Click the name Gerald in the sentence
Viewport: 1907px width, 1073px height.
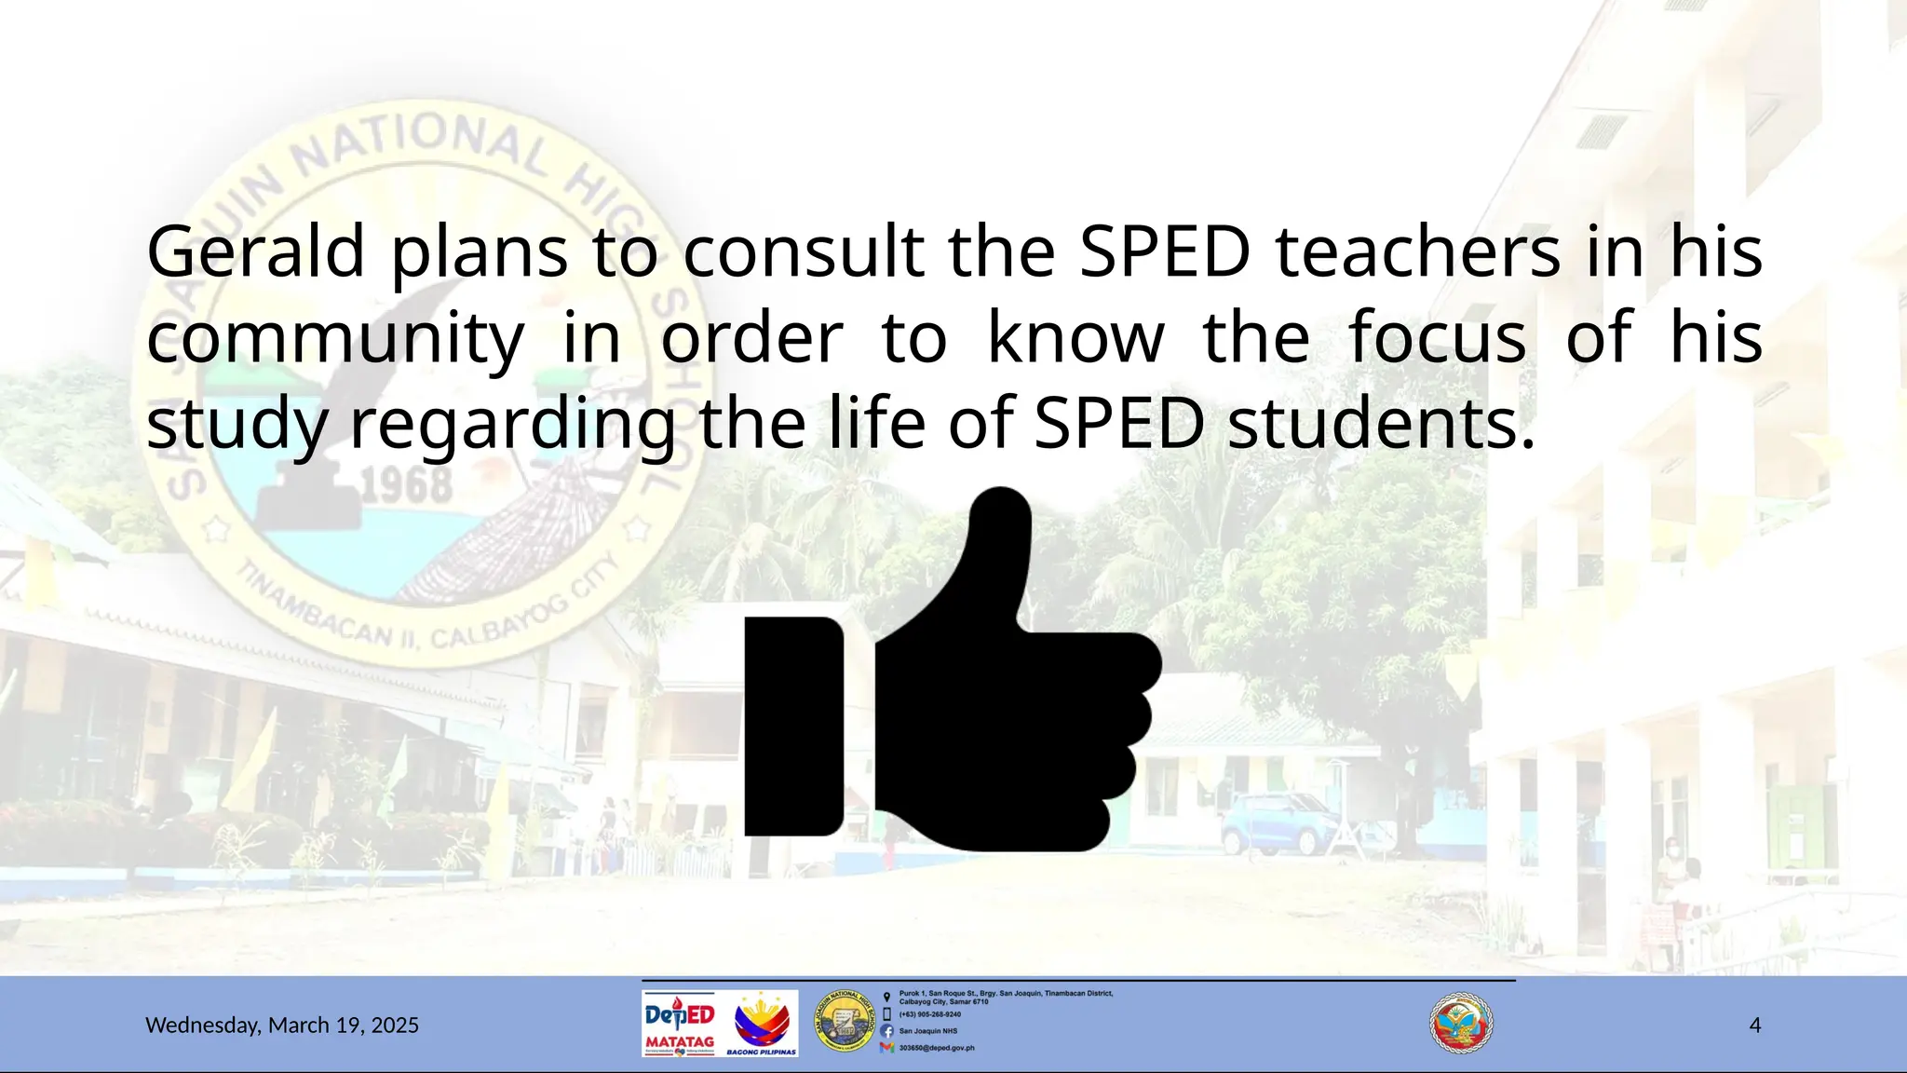[x=255, y=252]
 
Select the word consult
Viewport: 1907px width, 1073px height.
[x=804, y=252]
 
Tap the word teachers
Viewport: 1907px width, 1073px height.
[x=1417, y=252]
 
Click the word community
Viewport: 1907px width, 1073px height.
[x=335, y=338]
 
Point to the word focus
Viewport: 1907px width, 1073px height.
[x=1437, y=338]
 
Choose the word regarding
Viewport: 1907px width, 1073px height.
[x=512, y=425]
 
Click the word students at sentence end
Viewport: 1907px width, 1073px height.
[x=1380, y=425]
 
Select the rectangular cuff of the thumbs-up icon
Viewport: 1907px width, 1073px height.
[x=793, y=727]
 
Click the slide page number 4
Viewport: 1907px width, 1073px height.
[x=1755, y=1025]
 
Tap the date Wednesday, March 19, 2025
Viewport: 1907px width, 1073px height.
[x=282, y=1025]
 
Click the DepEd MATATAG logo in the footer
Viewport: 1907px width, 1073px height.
[x=680, y=1024]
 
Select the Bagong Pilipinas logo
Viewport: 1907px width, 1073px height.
[x=762, y=1024]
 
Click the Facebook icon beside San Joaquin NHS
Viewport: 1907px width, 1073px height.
[x=886, y=1031]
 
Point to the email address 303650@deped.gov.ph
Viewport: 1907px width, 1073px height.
[x=936, y=1048]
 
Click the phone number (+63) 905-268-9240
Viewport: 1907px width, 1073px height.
[x=929, y=1014]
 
